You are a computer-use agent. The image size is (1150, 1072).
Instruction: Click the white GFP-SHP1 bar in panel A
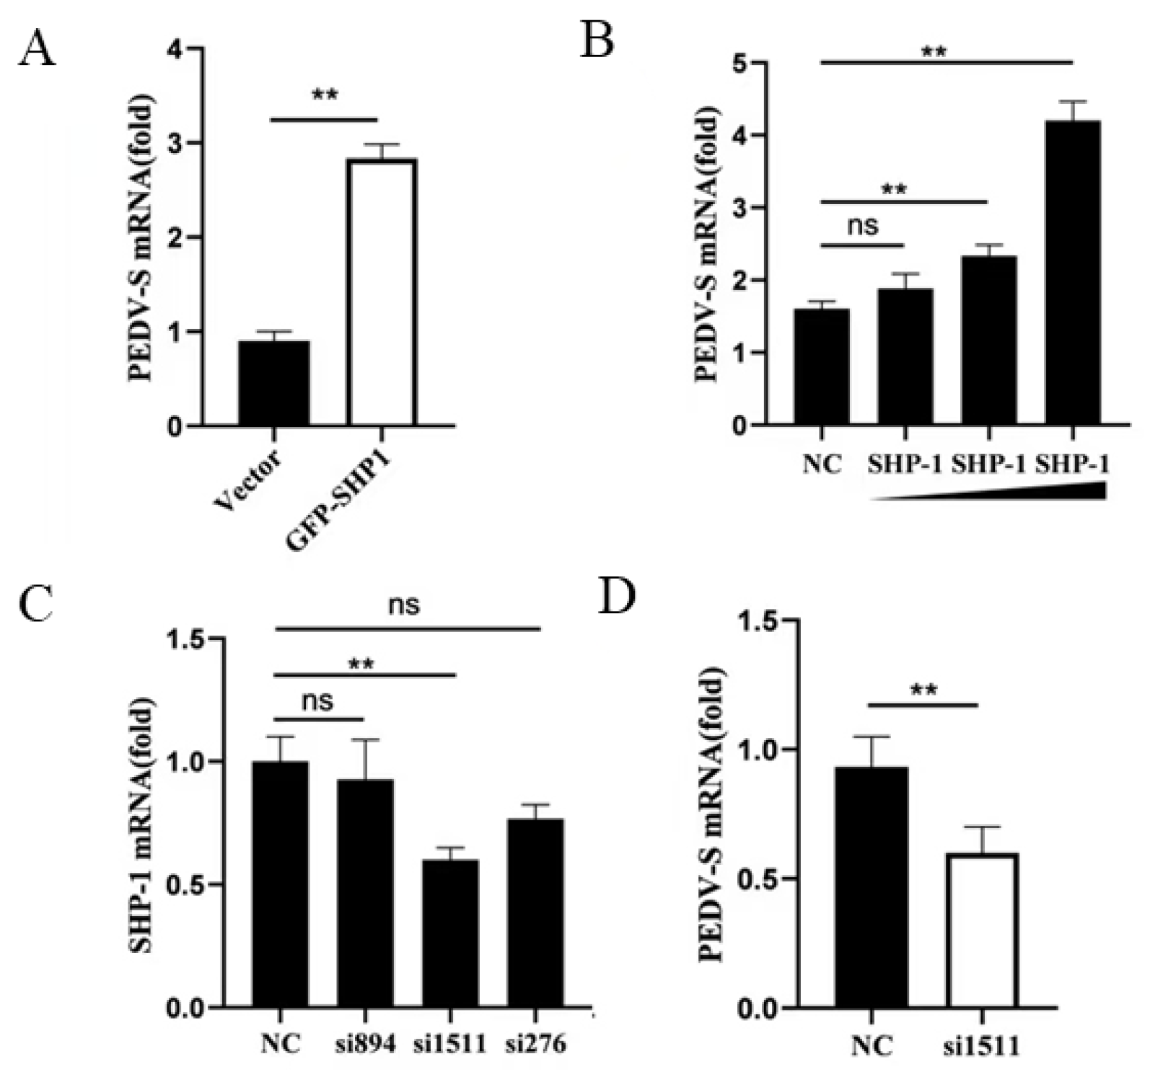pyautogui.click(x=382, y=292)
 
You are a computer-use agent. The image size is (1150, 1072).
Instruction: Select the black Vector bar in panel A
pyautogui.click(x=273, y=383)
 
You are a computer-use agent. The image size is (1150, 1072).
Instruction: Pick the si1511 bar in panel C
pyautogui.click(x=450, y=933)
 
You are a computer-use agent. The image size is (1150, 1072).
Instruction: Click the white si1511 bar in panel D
pyautogui.click(x=983, y=931)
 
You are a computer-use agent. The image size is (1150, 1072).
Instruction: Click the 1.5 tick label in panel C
pyautogui.click(x=186, y=638)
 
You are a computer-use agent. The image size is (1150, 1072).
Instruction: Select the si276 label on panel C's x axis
pyautogui.click(x=535, y=1043)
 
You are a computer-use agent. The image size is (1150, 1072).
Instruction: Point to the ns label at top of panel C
pyautogui.click(x=404, y=605)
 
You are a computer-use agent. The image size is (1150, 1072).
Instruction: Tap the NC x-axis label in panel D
pyautogui.click(x=872, y=1045)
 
